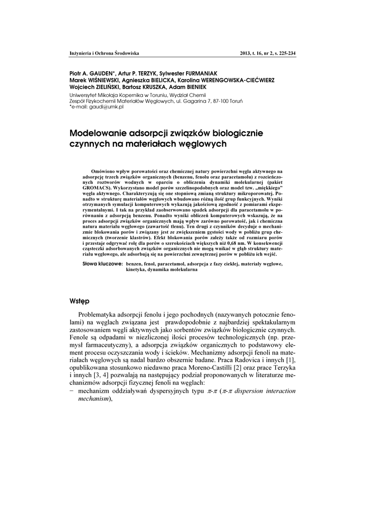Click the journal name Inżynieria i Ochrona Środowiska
click(104, 53)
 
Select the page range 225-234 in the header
click(284, 53)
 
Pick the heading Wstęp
click(80, 301)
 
